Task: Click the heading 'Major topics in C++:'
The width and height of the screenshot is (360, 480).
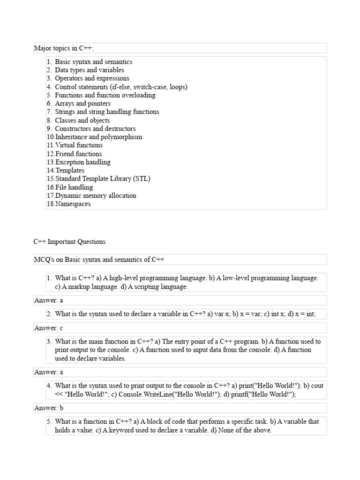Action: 64,48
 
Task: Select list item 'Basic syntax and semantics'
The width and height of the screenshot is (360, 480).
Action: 93,62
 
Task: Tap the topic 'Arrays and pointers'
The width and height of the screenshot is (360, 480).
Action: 82,104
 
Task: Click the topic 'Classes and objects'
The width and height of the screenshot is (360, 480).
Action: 82,120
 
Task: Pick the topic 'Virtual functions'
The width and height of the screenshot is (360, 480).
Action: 79,145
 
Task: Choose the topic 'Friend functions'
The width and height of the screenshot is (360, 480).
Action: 78,154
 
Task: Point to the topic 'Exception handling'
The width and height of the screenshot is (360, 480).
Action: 83,162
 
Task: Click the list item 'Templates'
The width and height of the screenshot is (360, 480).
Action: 70,171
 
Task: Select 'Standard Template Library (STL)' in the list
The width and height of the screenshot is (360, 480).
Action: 103,179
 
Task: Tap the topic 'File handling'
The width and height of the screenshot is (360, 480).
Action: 74,187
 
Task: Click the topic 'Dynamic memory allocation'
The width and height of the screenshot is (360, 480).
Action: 96,196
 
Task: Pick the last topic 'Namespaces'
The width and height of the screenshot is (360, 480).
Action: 73,204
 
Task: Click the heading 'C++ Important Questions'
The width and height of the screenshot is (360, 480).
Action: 69,242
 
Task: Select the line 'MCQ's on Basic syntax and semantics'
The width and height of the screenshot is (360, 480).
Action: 99,260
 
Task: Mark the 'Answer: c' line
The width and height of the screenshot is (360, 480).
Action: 49,328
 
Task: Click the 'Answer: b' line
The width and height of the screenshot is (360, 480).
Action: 49,408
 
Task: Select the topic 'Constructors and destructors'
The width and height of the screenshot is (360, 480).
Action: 95,129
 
